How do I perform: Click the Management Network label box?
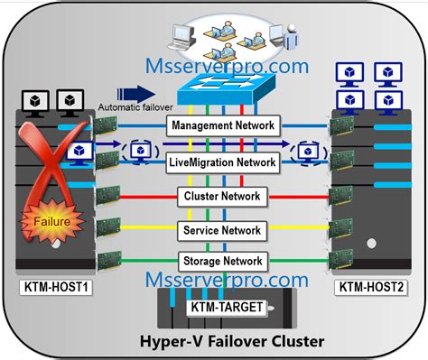223,125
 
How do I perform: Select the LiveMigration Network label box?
223,162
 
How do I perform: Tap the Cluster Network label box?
222,197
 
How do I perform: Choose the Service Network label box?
222,231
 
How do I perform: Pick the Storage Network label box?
223,261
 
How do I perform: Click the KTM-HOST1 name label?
56,287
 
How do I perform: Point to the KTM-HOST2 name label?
371,287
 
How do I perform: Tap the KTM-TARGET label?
227,308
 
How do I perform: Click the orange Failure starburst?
51,221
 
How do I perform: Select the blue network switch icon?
227,89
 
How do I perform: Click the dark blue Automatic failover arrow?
136,94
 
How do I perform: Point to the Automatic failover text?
135,107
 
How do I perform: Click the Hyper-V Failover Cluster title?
232,341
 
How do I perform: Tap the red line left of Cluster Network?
149,198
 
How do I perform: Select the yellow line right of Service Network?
298,227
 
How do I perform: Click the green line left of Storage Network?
150,261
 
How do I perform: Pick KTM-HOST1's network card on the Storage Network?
109,261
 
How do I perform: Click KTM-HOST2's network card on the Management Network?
341,125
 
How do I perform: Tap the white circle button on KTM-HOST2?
372,244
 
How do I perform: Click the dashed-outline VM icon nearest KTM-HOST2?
308,153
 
